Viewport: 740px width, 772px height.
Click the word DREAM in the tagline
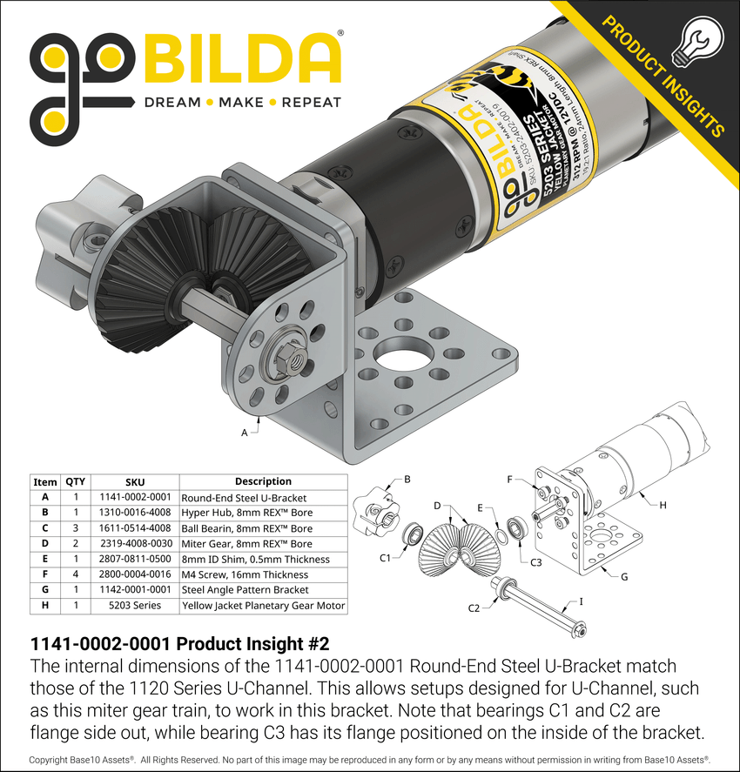click(172, 102)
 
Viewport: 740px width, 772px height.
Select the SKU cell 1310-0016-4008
click(135, 513)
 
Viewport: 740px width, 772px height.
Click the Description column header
click(263, 481)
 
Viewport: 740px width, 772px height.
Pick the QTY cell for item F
click(75, 574)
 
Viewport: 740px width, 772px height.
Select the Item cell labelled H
click(44, 606)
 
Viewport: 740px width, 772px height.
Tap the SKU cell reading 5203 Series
click(135, 606)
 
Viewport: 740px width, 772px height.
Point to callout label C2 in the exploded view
click(474, 608)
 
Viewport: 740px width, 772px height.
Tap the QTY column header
click(75, 481)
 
